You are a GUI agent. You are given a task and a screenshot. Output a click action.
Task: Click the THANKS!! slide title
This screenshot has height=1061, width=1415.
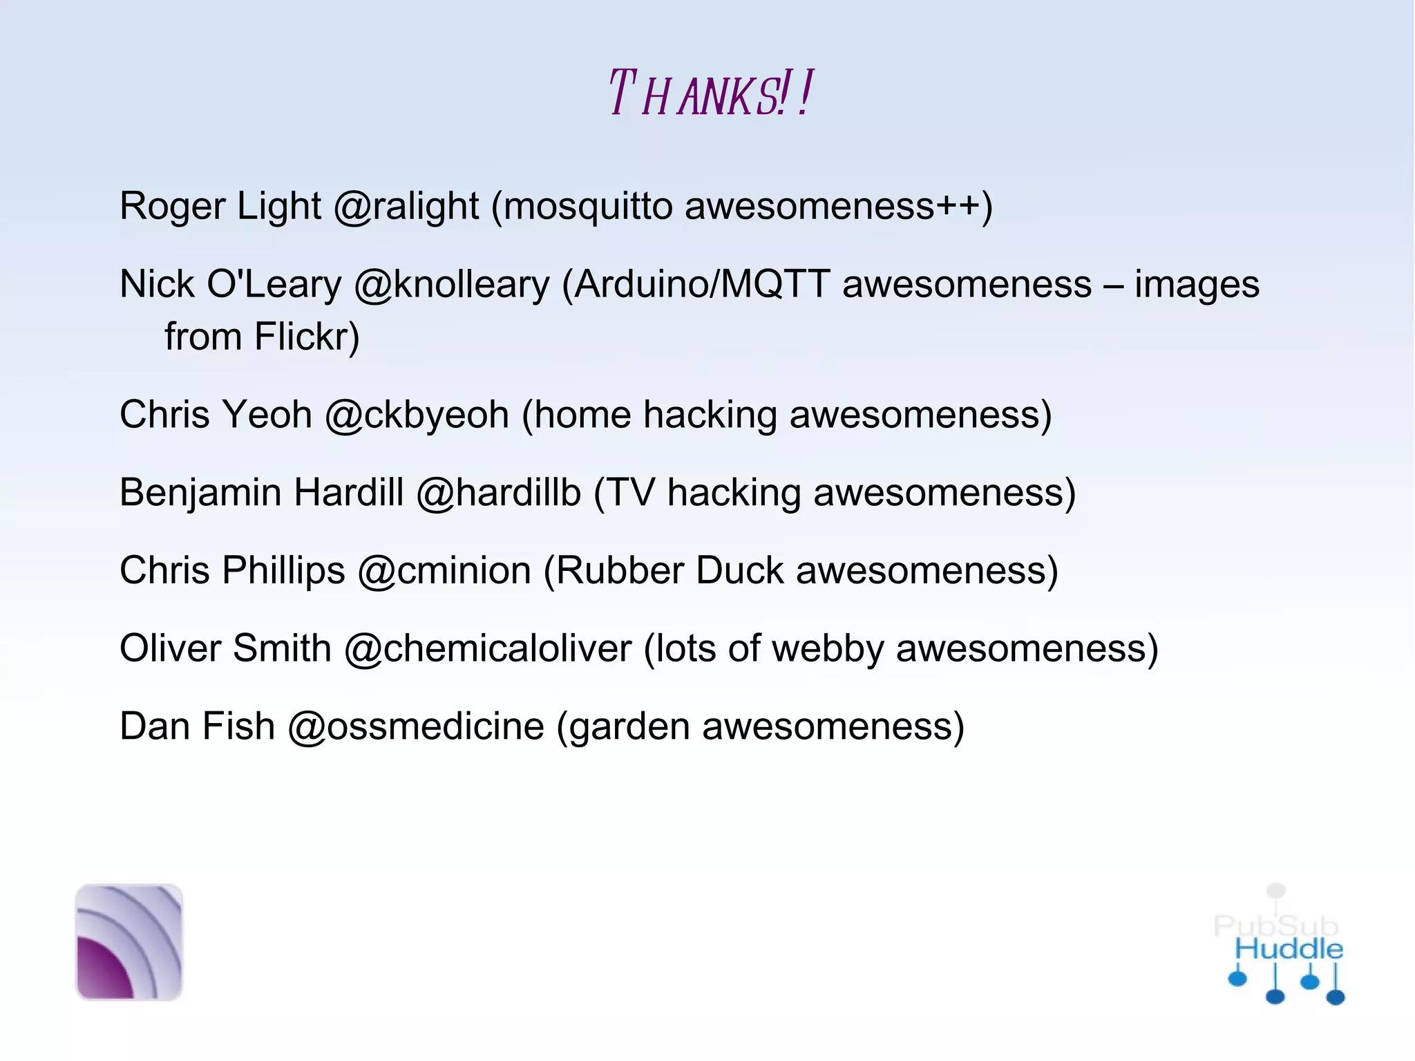710,94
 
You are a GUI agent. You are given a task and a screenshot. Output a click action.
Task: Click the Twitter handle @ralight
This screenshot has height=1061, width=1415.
406,206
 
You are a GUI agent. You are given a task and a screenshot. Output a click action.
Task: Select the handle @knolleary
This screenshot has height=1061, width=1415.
452,284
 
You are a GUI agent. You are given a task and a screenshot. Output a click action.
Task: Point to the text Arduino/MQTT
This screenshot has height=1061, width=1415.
702,284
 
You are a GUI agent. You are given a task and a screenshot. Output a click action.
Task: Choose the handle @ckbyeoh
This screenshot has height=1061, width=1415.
417,415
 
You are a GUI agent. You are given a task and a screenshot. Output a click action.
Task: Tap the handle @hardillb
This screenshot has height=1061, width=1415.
498,493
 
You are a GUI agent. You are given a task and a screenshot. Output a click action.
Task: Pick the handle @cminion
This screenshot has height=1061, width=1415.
444,571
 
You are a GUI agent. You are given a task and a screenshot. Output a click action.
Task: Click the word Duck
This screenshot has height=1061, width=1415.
739,571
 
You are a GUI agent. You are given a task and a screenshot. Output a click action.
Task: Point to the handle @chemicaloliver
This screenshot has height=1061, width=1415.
487,649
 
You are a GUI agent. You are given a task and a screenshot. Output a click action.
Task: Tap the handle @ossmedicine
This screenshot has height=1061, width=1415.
415,727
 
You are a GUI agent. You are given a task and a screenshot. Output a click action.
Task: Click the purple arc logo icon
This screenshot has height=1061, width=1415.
129,941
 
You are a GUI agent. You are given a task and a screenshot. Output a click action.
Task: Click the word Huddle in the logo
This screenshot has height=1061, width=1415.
1289,949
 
